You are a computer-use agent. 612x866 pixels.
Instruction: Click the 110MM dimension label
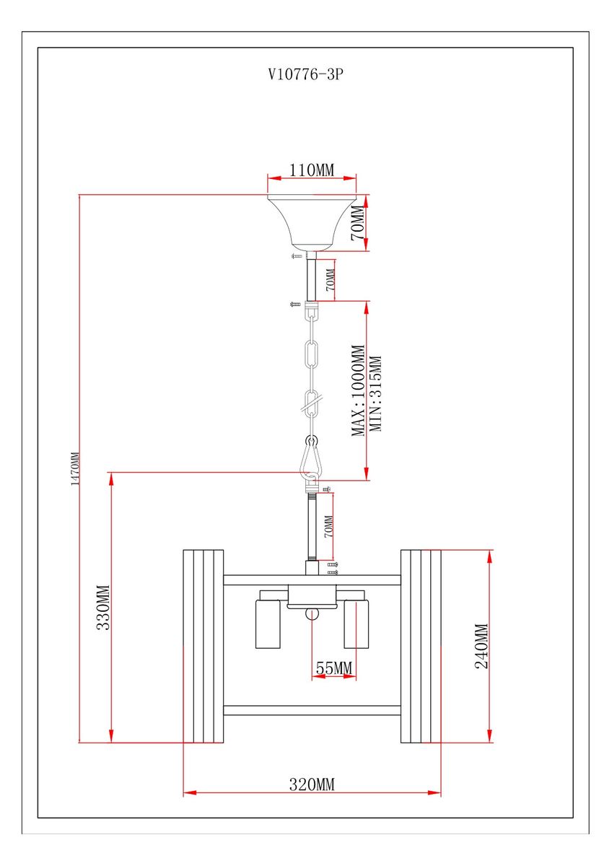312,170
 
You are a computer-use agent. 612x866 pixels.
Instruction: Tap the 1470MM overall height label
74,469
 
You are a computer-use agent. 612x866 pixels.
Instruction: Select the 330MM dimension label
102,607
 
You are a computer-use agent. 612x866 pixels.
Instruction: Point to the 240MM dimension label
481,647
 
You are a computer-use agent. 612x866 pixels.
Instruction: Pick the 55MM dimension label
333,669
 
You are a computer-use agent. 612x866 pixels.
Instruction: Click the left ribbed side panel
203,646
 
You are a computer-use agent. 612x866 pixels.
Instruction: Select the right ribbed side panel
421,646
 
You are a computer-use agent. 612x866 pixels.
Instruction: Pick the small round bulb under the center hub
312,614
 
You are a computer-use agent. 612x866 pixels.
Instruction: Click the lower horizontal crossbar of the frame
312,710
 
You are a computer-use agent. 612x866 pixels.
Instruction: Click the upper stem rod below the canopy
312,279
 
